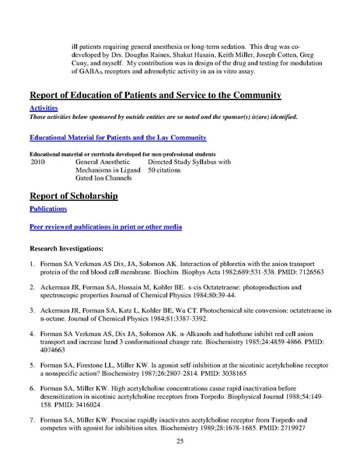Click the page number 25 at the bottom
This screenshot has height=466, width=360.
180,441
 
